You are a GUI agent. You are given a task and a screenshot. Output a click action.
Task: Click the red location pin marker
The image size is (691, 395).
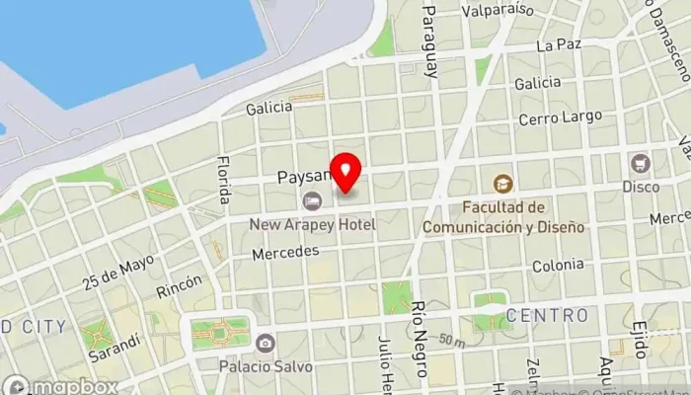click(x=346, y=174)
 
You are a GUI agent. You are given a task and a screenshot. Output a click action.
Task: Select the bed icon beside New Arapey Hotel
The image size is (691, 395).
click(x=313, y=201)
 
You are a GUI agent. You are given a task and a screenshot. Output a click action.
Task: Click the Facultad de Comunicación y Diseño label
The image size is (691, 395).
click(x=503, y=217)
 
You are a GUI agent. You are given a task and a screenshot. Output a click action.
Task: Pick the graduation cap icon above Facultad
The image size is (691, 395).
click(x=503, y=183)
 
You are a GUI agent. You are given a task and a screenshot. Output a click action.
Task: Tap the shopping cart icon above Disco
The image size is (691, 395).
click(x=642, y=163)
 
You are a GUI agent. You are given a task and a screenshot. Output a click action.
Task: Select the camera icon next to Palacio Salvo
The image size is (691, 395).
click(x=265, y=344)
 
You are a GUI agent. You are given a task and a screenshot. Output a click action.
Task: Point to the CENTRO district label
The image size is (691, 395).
click(x=547, y=316)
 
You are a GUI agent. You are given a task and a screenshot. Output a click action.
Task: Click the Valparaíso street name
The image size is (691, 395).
click(x=498, y=10)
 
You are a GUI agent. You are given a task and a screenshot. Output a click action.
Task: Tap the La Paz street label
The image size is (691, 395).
click(x=559, y=45)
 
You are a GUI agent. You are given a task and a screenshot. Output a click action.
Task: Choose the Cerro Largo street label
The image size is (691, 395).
click(x=561, y=118)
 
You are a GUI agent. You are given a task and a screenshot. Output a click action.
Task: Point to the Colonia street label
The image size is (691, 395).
click(x=558, y=266)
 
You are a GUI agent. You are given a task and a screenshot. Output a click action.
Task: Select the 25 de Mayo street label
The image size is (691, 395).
click(x=119, y=274)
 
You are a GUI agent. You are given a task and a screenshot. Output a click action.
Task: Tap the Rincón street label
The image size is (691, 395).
click(x=179, y=287)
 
